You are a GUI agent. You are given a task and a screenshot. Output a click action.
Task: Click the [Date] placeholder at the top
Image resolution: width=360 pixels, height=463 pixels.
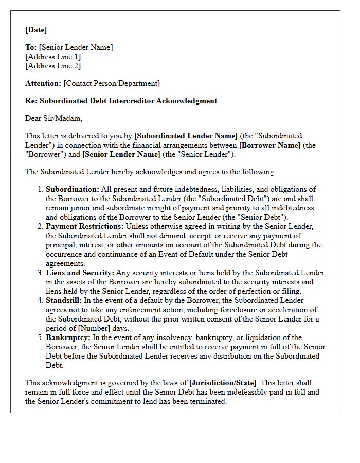tap(36, 30)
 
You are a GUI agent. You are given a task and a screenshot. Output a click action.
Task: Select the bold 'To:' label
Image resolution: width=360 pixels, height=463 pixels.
tap(31, 47)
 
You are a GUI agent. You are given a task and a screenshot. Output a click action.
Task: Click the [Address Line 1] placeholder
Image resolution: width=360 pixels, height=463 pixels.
tap(53, 57)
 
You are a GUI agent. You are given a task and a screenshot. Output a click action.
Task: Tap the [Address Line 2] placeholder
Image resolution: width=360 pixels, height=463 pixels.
tap(53, 66)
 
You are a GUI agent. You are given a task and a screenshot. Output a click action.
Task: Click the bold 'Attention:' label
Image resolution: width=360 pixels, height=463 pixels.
tap(43, 83)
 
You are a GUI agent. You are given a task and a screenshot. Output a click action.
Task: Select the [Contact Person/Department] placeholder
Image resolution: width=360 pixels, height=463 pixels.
tap(112, 83)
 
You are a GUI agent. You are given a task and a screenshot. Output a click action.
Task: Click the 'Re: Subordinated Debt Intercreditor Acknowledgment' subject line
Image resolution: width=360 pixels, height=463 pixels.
tap(121, 101)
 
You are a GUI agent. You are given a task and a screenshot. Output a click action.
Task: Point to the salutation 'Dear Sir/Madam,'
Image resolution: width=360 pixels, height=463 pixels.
tap(53, 118)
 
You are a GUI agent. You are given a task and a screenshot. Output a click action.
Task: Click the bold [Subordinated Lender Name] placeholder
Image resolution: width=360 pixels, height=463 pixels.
tap(186, 136)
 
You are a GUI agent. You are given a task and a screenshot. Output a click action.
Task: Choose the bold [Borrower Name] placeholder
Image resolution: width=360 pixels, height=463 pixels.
tap(269, 145)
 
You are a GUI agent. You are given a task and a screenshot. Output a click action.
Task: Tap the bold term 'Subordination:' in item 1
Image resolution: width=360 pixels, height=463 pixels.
tap(73, 189)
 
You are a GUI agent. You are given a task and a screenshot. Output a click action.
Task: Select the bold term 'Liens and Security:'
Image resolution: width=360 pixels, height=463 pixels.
tap(80, 273)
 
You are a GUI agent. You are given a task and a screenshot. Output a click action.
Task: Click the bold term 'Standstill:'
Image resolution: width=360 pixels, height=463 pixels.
tap(64, 300)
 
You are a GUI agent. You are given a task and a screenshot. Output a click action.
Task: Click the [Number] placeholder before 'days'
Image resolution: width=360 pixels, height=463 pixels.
tap(93, 328)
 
